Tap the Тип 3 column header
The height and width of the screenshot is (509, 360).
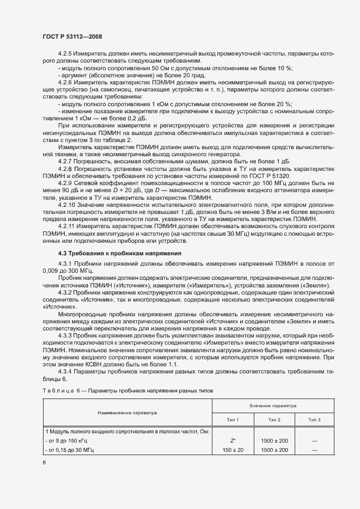(314, 420)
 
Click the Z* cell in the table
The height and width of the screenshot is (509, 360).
(233, 439)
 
